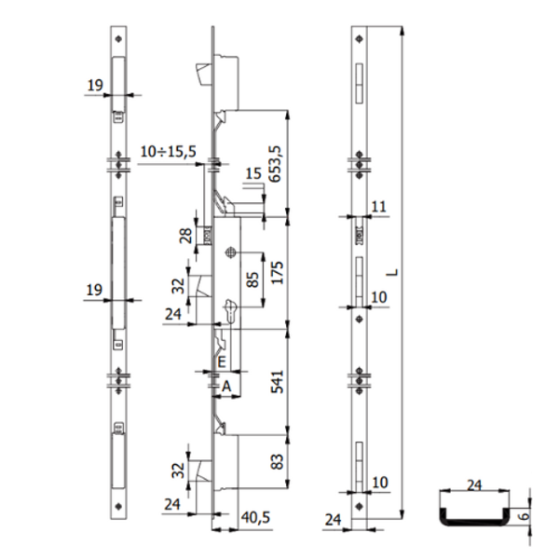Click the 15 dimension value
pos(253,173)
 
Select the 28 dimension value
pos(185,236)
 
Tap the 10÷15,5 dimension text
pos(167,150)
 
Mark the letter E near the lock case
pos(222,362)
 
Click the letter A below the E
pos(225,384)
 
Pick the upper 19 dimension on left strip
pos(93,85)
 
